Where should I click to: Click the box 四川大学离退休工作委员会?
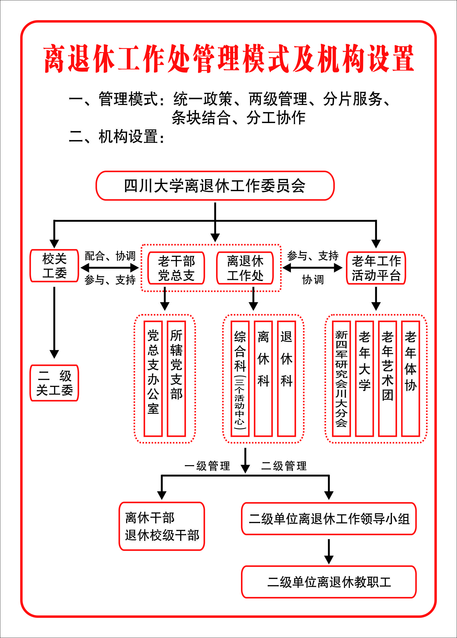coord(215,186)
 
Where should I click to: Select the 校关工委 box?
coord(54,266)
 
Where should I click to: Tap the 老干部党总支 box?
coord(176,268)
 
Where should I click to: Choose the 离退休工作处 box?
coord(245,268)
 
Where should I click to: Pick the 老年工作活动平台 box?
coord(376,268)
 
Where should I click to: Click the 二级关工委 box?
coord(54,383)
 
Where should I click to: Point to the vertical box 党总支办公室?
coord(153,378)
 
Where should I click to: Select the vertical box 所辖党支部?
coord(176,378)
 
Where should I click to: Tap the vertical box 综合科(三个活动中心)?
coord(240,378)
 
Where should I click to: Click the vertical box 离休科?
coord(263,378)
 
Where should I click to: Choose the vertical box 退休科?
coord(286,378)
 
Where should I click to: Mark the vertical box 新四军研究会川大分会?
coord(341,378)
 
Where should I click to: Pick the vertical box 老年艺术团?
coord(387,378)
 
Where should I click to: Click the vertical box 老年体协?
coord(410,378)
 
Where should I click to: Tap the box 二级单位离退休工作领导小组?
coord(329,519)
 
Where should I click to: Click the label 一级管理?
coord(207,466)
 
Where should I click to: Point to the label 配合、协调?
coord(110,256)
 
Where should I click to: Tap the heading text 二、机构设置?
coord(117,137)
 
